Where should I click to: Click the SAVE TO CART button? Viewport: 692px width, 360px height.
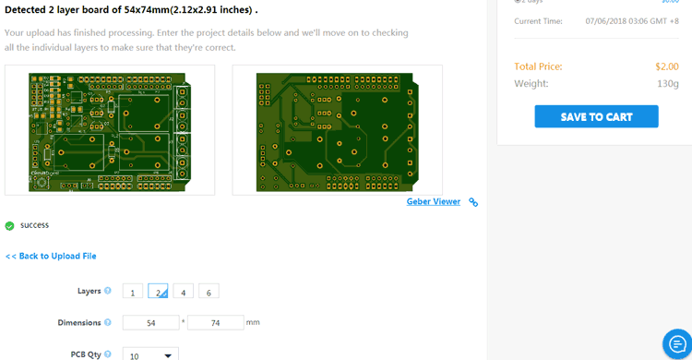click(x=596, y=116)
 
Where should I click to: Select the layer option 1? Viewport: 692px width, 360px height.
click(x=132, y=292)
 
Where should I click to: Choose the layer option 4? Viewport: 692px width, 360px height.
click(x=183, y=292)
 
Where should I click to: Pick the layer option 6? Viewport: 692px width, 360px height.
click(x=209, y=292)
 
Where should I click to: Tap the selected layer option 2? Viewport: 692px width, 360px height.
click(x=158, y=292)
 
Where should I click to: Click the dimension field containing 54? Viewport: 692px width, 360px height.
click(x=150, y=323)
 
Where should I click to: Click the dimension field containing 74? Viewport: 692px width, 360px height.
click(x=215, y=323)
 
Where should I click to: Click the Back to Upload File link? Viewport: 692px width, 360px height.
click(x=51, y=256)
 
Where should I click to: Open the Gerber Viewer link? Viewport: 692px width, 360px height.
click(x=433, y=201)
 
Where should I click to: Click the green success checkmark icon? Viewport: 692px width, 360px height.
click(x=9, y=225)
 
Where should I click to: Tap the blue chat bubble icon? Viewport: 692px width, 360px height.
click(x=677, y=344)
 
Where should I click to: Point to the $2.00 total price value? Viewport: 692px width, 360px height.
click(x=667, y=66)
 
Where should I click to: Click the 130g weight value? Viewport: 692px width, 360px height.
click(x=668, y=84)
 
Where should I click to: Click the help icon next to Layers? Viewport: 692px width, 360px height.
click(x=108, y=291)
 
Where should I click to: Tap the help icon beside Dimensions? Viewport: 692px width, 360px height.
click(x=108, y=323)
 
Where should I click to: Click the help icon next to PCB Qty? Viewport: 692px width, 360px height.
click(x=108, y=354)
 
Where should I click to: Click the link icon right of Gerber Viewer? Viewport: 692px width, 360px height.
click(x=473, y=202)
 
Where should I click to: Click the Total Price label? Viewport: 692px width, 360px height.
click(x=538, y=66)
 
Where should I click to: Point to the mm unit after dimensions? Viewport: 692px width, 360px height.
click(x=253, y=322)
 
